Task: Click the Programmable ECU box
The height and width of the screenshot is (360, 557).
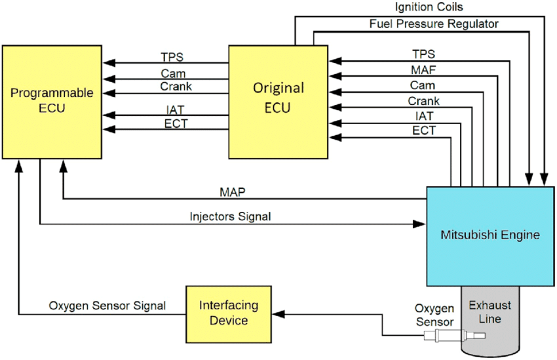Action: pos(52,101)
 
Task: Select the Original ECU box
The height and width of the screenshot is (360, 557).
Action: pos(278,101)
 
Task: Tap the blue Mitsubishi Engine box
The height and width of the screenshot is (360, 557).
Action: pos(490,234)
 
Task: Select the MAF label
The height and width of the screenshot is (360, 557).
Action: pos(423,69)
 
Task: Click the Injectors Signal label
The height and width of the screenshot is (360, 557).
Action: pos(230,216)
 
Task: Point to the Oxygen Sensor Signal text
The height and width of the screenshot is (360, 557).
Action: pos(107,306)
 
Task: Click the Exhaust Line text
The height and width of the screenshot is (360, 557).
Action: pos(490,312)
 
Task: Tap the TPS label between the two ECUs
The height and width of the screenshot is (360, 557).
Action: pos(173,56)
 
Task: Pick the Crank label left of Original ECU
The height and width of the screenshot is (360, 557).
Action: pos(176,87)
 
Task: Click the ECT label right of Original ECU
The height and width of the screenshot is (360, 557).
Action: pos(423,130)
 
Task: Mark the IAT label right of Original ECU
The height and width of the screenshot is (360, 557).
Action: pos(424,115)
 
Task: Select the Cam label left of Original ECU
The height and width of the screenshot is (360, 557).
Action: pos(173,72)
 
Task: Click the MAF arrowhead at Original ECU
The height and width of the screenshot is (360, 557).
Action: pos(334,77)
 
